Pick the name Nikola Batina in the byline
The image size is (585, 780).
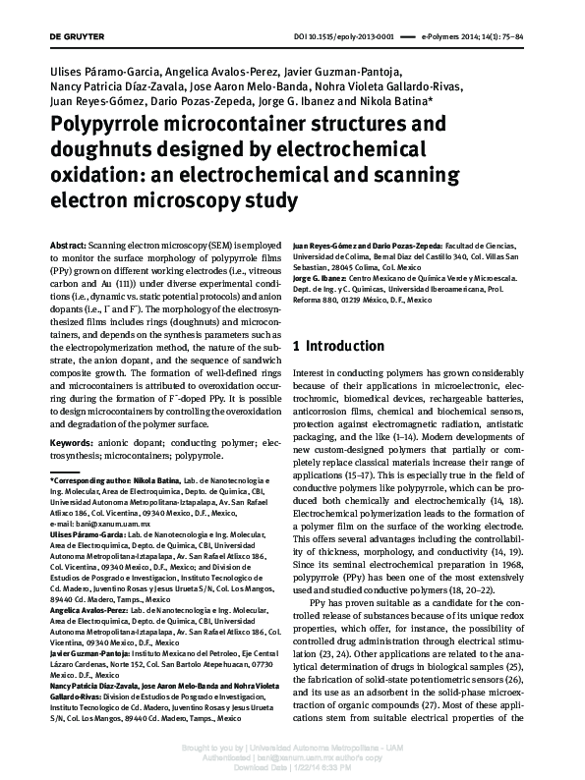pyautogui.click(x=397, y=101)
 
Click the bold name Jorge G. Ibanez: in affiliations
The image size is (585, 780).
pyautogui.click(x=322, y=280)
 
